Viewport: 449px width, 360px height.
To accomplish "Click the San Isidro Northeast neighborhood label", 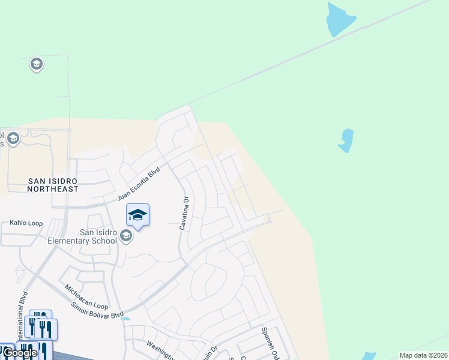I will click(53, 184).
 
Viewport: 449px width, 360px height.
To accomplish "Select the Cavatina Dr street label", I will click(184, 213).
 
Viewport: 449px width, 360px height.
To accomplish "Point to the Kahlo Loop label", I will click(26, 223).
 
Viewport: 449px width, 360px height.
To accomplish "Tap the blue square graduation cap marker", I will click(137, 215).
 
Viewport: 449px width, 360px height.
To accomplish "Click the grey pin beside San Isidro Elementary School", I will click(126, 235).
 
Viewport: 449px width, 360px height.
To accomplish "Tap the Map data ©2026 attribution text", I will click(423, 355).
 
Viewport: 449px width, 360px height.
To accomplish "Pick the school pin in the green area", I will click(36, 64).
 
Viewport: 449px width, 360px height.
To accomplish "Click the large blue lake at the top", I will click(340, 20).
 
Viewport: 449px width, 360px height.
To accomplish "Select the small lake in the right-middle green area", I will click(346, 140).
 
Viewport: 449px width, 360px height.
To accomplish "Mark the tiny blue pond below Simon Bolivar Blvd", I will click(125, 319).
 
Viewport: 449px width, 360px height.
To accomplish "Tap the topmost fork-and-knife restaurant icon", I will click(40, 318).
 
